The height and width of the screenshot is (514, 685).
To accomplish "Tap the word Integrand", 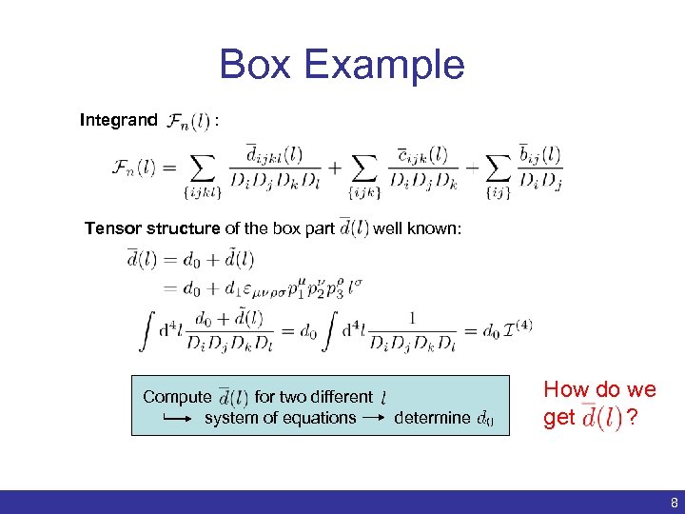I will point(119,120).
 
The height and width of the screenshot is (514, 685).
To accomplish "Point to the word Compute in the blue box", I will point(177,397).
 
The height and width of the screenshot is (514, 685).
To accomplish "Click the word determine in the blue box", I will point(432,417).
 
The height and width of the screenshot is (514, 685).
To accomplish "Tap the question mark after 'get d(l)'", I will point(632,417).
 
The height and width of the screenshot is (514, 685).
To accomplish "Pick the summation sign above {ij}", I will point(499,168).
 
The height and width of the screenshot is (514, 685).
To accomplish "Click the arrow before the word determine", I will point(375,417).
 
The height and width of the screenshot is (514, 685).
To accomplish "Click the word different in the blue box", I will point(338,397).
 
